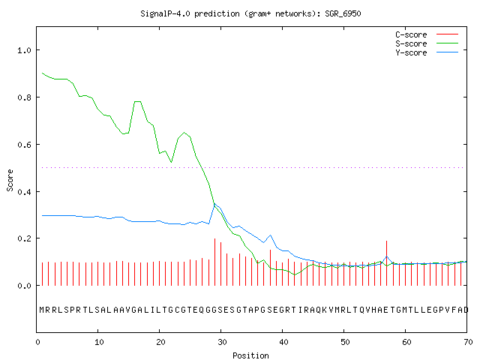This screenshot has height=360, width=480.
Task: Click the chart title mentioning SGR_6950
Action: click(x=250, y=13)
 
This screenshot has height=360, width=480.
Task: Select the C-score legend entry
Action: click(x=427, y=34)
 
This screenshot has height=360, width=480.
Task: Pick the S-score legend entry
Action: click(x=427, y=43)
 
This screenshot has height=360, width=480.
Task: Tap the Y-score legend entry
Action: click(x=427, y=52)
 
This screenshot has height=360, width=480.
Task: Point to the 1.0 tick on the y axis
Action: click(x=25, y=50)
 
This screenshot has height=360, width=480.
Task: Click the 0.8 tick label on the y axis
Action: click(x=25, y=97)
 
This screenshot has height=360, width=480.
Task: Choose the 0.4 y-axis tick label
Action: click(x=25, y=192)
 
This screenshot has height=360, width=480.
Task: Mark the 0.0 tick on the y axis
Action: click(x=25, y=286)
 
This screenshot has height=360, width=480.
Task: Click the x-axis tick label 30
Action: click(x=222, y=342)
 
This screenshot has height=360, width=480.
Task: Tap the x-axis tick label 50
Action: click(x=345, y=342)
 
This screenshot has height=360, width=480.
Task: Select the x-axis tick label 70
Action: click(x=468, y=342)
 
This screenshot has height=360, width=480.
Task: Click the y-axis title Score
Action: click(x=10, y=180)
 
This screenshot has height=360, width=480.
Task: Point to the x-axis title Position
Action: click(x=250, y=355)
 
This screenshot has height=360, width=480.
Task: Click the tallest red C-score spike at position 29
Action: click(x=215, y=262)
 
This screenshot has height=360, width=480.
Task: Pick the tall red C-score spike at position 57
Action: click(x=387, y=263)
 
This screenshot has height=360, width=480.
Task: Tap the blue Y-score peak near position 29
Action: click(x=214, y=203)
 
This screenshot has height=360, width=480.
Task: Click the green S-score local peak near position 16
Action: click(x=137, y=101)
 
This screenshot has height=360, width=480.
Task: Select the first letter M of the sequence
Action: click(x=42, y=310)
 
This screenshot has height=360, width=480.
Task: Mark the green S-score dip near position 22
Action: click(x=172, y=162)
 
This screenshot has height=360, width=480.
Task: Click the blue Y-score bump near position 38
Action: click(x=270, y=235)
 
